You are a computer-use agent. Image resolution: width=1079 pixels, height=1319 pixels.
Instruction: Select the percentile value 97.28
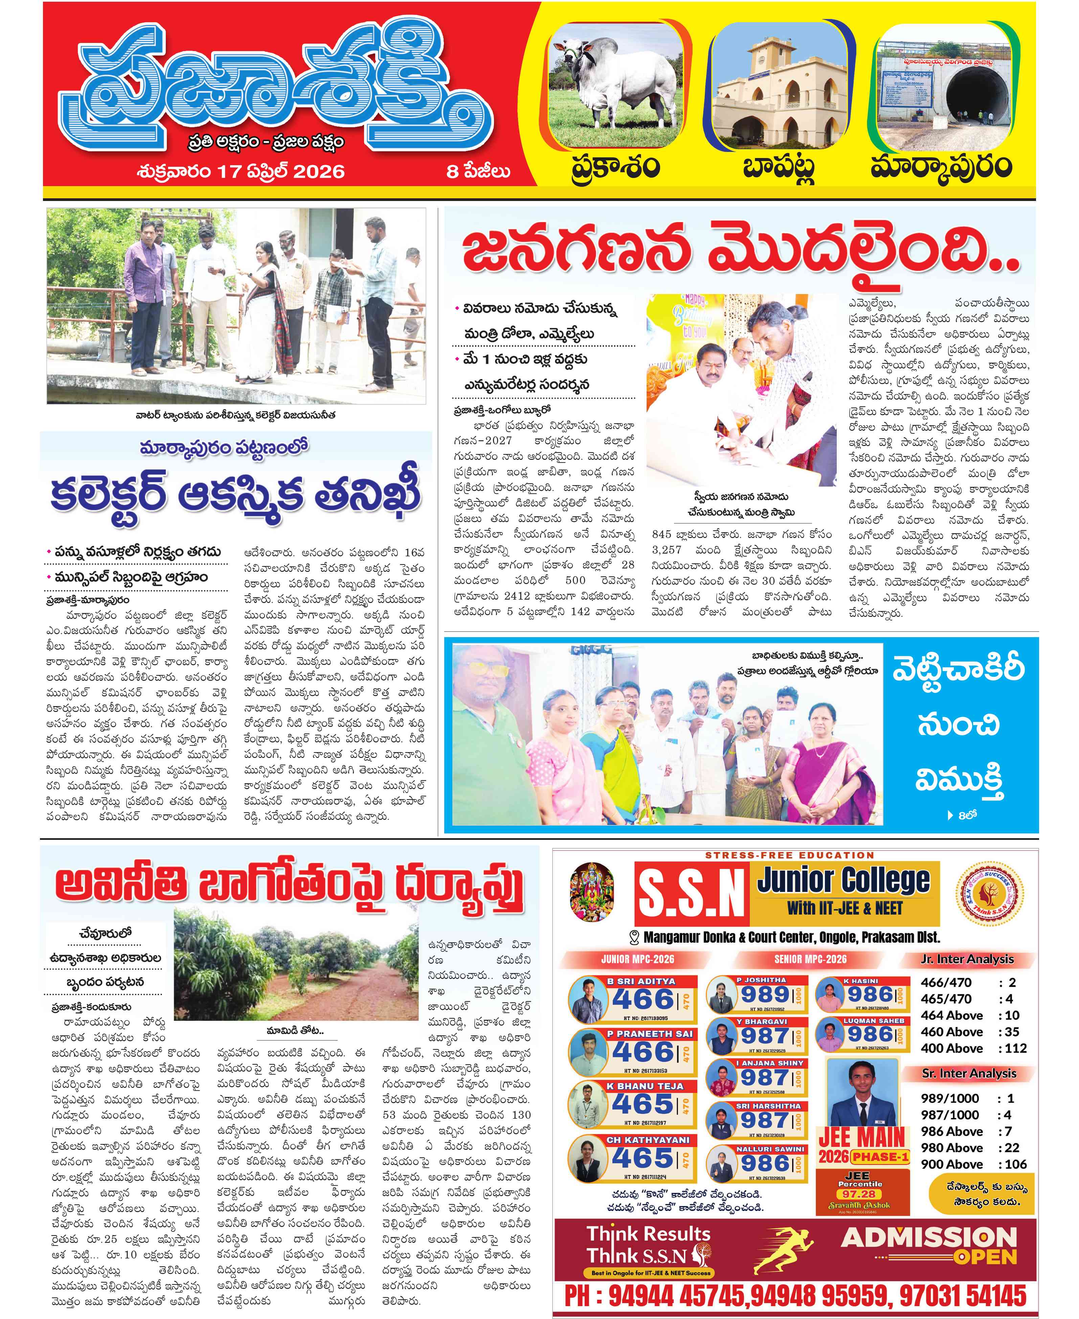tap(860, 1194)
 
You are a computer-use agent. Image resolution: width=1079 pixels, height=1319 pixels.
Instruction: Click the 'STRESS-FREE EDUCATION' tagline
tap(789, 855)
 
